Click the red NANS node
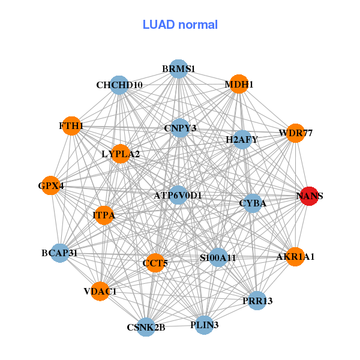click(309, 196)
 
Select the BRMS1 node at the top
click(179, 68)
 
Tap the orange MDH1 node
click(239, 84)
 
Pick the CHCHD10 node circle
click(119, 85)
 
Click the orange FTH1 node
click(71, 126)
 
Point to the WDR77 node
click(295, 133)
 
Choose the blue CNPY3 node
click(180, 128)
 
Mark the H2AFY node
click(242, 140)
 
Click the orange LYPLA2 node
click(121, 154)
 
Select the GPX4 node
click(51, 185)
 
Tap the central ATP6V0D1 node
click(178, 195)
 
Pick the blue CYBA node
click(253, 203)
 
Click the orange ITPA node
click(104, 215)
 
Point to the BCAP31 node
click(60, 253)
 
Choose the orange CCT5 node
click(155, 263)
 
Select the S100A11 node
click(218, 257)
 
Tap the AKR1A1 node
click(295, 257)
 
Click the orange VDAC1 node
click(100, 291)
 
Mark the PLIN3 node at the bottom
click(205, 325)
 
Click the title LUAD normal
click(180, 25)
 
